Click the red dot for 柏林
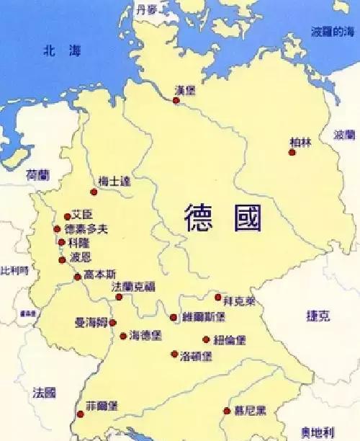292,152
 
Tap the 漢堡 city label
185,91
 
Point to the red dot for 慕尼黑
228,411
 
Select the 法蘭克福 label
133,287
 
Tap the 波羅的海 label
332,32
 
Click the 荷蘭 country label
37,175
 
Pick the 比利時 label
14,270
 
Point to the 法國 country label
44,393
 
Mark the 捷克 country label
317,316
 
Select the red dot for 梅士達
94,192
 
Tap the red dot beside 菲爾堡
80,414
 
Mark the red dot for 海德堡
123,336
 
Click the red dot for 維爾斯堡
173,317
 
